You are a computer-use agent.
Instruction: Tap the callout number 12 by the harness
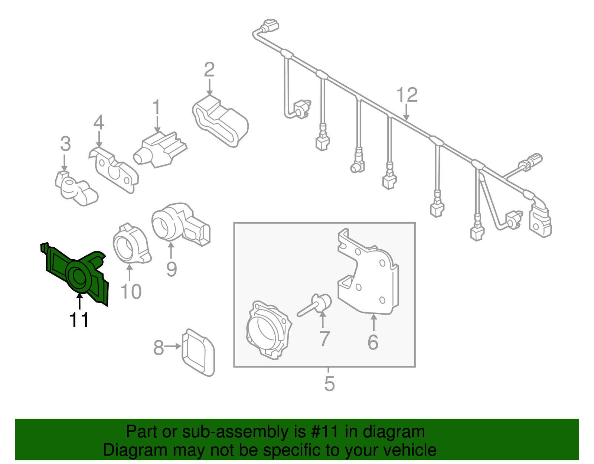click(x=407, y=95)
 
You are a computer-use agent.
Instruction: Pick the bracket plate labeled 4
click(x=113, y=171)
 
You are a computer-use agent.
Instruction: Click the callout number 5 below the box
click(x=329, y=383)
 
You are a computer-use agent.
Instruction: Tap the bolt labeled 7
click(x=316, y=305)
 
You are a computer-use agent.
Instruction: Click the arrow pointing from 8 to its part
click(x=173, y=346)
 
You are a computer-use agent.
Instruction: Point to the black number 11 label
click(x=79, y=319)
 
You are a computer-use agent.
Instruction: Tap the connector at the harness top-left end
click(x=270, y=27)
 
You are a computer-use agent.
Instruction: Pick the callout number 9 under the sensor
click(x=171, y=269)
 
